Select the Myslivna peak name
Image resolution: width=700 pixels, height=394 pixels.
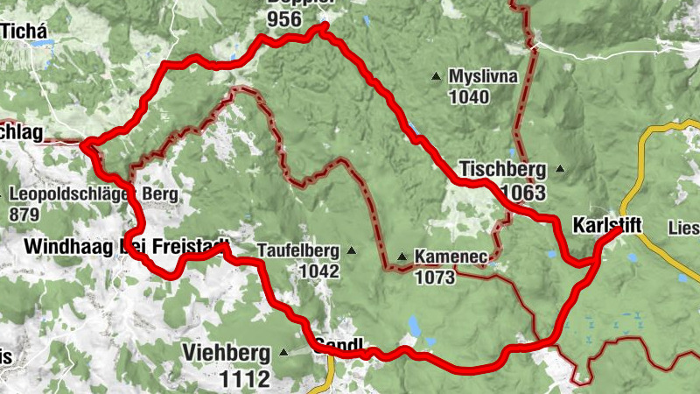(x=483, y=77)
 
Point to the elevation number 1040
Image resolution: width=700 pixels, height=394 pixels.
(x=468, y=97)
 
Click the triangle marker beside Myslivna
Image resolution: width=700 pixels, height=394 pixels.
(x=436, y=77)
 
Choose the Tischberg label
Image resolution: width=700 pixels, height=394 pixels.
(x=502, y=169)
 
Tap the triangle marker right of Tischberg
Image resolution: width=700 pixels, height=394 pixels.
(x=560, y=169)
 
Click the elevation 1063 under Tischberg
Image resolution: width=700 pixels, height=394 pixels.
(x=522, y=192)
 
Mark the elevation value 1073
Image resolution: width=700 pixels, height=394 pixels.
(x=436, y=278)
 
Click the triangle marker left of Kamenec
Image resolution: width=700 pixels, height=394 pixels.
(x=402, y=257)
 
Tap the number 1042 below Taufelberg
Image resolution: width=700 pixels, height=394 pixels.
(x=318, y=271)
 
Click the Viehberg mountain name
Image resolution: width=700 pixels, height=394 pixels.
(x=227, y=353)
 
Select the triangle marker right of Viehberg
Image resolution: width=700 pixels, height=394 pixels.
(x=283, y=353)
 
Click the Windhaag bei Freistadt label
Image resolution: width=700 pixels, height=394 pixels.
(x=128, y=246)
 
